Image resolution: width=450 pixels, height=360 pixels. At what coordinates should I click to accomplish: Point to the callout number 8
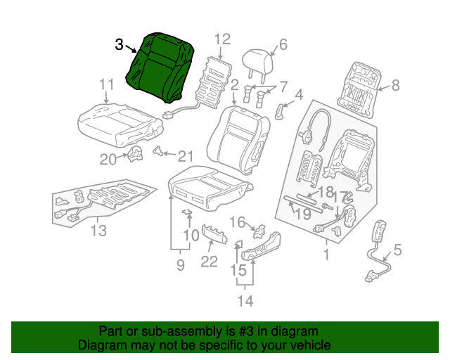click(x=394, y=86)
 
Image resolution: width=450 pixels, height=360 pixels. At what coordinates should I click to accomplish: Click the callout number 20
click(x=108, y=160)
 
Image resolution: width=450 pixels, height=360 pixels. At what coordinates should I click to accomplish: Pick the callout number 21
click(x=184, y=156)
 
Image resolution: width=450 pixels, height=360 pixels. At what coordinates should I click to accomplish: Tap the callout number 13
click(x=99, y=231)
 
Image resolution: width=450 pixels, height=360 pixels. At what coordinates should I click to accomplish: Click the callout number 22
click(x=209, y=262)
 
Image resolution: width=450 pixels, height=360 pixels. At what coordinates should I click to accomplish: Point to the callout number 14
click(x=245, y=302)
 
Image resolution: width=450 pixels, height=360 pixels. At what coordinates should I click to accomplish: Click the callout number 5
click(x=397, y=249)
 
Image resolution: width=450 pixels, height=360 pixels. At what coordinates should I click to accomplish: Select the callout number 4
click(x=298, y=94)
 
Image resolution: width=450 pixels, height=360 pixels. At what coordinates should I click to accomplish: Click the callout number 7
click(x=283, y=87)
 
